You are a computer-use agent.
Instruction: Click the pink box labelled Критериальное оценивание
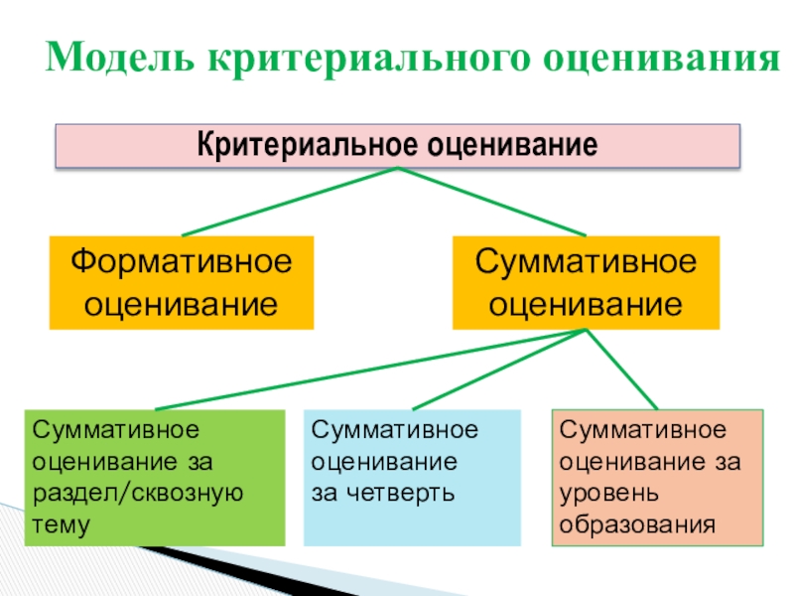397,146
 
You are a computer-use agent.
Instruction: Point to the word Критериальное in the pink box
309,146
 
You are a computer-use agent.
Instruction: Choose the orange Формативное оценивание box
182,282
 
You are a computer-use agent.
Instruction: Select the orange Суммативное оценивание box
585,282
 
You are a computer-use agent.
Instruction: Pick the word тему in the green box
62,525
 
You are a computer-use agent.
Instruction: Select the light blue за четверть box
411,478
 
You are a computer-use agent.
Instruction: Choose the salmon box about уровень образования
657,478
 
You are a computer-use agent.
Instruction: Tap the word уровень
605,494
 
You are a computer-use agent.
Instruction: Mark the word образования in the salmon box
636,525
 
